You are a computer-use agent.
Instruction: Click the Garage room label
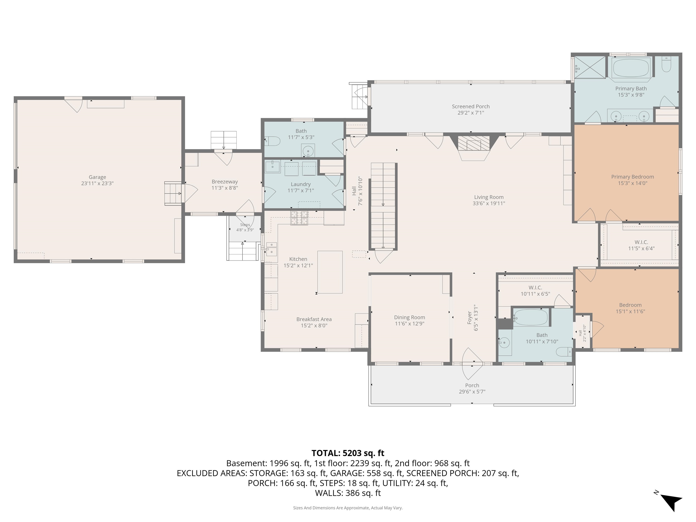point(97,177)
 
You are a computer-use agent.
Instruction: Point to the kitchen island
point(330,272)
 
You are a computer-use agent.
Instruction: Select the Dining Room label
point(409,317)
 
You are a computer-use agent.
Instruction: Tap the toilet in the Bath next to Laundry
point(273,141)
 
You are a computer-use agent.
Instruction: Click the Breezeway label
point(225,181)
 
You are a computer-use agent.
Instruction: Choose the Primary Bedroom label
point(632,177)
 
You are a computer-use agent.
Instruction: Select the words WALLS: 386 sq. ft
point(348,493)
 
